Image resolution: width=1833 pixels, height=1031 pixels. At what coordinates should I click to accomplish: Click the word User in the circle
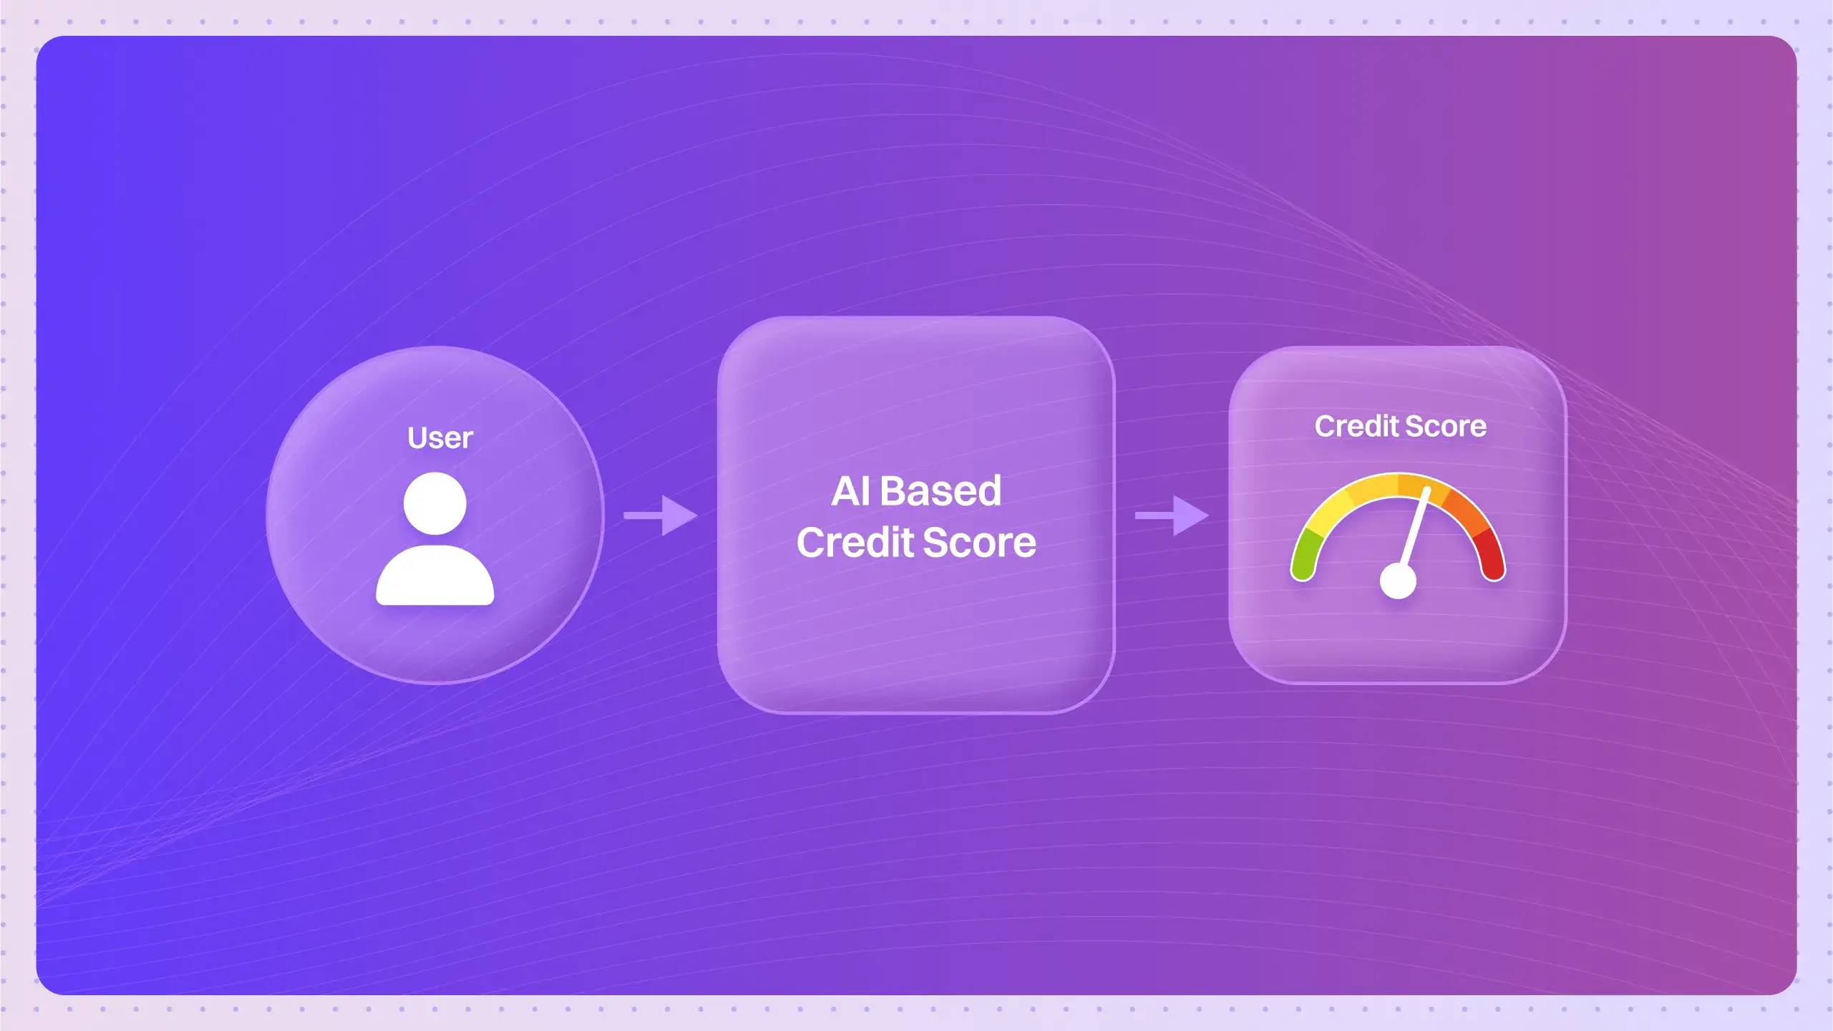[440, 437]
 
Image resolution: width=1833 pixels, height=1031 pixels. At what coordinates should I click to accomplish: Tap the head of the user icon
[435, 503]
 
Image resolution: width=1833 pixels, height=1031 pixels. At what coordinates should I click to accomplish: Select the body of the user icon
[435, 575]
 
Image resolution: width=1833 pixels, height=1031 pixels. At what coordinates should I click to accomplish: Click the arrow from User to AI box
[661, 515]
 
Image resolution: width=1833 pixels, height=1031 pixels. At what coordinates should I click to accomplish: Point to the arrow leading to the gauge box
[1172, 515]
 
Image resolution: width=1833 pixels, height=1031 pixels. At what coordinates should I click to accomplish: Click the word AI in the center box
[851, 491]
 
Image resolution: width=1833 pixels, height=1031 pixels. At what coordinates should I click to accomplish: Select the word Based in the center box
[940, 491]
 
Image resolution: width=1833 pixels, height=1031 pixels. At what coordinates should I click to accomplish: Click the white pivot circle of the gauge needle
[1398, 581]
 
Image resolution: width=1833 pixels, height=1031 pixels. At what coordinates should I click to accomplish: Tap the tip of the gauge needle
[1427, 490]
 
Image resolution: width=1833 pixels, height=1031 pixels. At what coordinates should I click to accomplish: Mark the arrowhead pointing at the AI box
[679, 515]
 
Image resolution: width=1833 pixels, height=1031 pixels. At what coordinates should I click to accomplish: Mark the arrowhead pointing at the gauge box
[1191, 515]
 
